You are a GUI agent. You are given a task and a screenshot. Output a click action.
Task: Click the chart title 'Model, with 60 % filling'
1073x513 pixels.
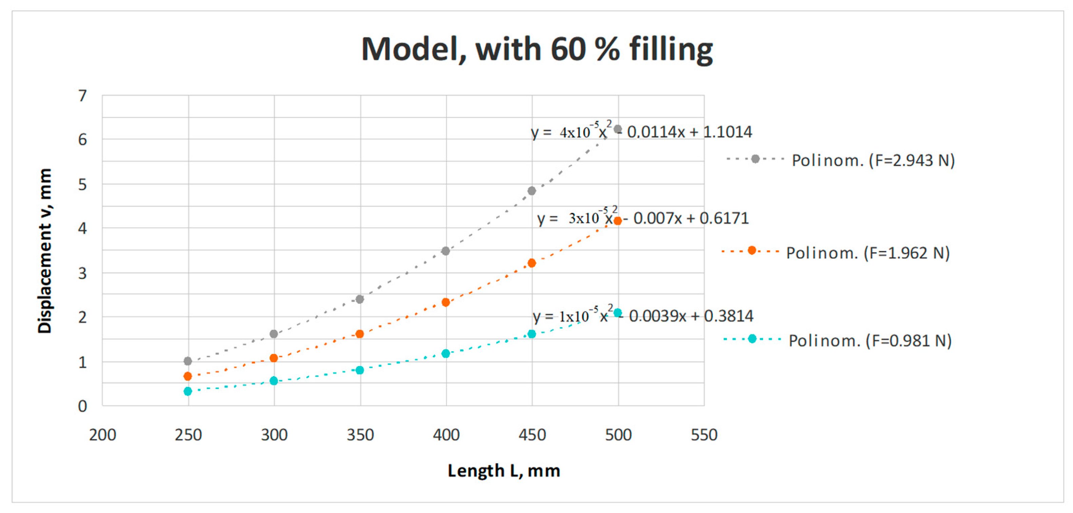pos(536,49)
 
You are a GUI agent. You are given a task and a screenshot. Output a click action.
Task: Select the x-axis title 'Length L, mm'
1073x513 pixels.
pos(504,471)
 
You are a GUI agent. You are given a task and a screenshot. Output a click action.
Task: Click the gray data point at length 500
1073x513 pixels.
pos(618,129)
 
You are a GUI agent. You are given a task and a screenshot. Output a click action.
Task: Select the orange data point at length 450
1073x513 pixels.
pos(531,263)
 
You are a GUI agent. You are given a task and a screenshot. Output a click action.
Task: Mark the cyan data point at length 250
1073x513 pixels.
pos(188,391)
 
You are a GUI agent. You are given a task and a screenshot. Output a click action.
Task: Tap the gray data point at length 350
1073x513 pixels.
pos(360,299)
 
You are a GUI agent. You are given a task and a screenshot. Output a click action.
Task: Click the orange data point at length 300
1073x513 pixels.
pos(274,358)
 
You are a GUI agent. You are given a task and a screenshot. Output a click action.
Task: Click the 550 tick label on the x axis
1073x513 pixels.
pos(704,435)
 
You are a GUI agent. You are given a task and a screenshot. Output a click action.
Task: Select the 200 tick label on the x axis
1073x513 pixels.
pos(102,435)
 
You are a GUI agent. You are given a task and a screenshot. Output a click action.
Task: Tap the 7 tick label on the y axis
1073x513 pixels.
pos(82,96)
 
